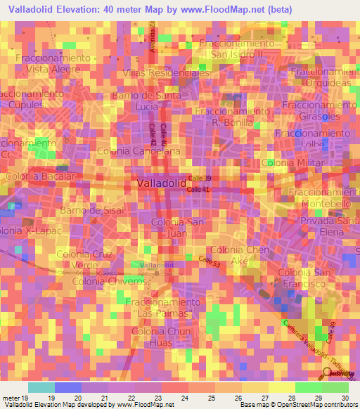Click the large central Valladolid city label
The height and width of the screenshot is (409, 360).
[160, 183]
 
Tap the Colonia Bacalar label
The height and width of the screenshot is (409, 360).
[39, 176]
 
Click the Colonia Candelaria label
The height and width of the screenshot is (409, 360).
[139, 151]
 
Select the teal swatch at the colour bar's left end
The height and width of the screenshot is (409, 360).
[41, 387]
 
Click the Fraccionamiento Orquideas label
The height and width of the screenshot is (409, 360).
[325, 79]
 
